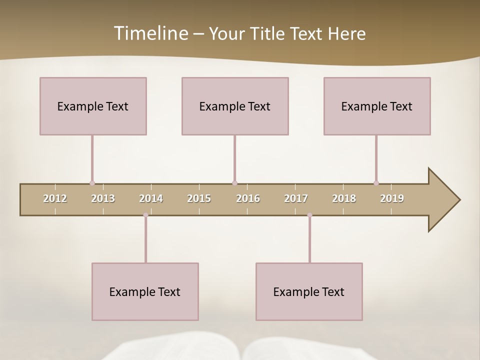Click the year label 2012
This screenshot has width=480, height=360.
[x=55, y=198]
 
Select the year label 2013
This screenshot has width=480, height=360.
[x=103, y=198]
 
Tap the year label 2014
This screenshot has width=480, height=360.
[x=151, y=198]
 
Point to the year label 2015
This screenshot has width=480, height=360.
[x=199, y=198]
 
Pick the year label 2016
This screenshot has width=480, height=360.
[x=248, y=198]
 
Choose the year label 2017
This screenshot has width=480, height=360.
[x=296, y=198]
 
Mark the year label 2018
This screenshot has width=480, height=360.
[x=344, y=198]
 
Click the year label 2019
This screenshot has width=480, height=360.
[x=392, y=198]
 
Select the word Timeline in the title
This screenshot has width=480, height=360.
[x=149, y=33]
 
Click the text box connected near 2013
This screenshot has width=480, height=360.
[x=93, y=106]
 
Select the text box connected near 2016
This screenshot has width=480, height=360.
[x=235, y=106]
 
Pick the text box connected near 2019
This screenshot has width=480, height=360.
[x=377, y=106]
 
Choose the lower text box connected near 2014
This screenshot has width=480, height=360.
[x=145, y=291]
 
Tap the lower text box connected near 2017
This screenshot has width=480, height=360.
[x=309, y=291]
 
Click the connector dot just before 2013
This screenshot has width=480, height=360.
[x=92, y=183]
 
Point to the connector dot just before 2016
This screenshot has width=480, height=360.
[x=234, y=183]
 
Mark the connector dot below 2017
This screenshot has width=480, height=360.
[x=309, y=215]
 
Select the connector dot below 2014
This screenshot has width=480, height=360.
[x=145, y=215]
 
